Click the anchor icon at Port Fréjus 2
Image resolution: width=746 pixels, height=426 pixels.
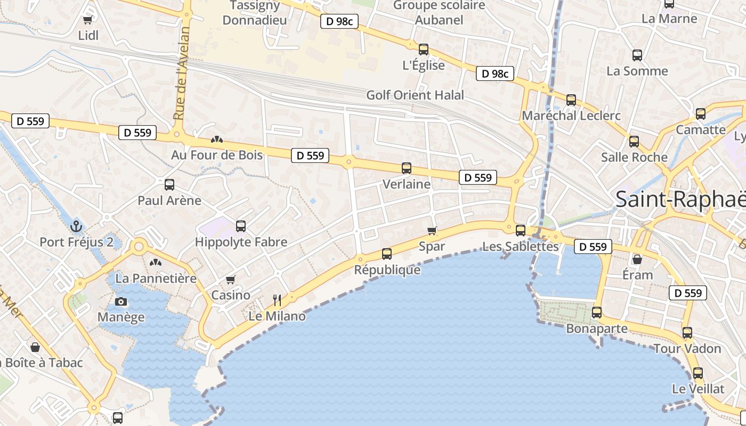(75, 226)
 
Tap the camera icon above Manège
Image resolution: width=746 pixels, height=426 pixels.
(121, 302)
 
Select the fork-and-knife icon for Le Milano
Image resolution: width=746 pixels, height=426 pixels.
(277, 300)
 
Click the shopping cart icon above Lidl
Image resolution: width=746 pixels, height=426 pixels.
(88, 20)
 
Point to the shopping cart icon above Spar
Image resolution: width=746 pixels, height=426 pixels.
(432, 231)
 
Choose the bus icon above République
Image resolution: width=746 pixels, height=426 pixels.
(387, 254)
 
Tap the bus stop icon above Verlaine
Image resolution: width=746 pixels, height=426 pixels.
(407, 168)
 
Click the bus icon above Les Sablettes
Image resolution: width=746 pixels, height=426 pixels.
(521, 231)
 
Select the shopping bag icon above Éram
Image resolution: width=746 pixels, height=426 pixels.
(637, 259)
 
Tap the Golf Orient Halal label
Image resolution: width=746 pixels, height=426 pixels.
(415, 95)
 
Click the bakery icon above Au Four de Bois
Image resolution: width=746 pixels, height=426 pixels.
(216, 140)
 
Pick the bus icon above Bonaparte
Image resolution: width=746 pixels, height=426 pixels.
(597, 313)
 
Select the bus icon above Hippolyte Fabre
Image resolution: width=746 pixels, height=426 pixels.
(241, 226)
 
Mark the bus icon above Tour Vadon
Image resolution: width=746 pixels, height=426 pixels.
(687, 333)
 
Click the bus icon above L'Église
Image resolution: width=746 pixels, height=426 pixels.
(424, 50)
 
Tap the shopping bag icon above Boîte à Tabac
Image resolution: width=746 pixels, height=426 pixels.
(35, 347)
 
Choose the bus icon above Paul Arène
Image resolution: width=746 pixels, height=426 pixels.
(169, 185)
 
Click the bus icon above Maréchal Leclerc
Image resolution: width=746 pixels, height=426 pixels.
(571, 100)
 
